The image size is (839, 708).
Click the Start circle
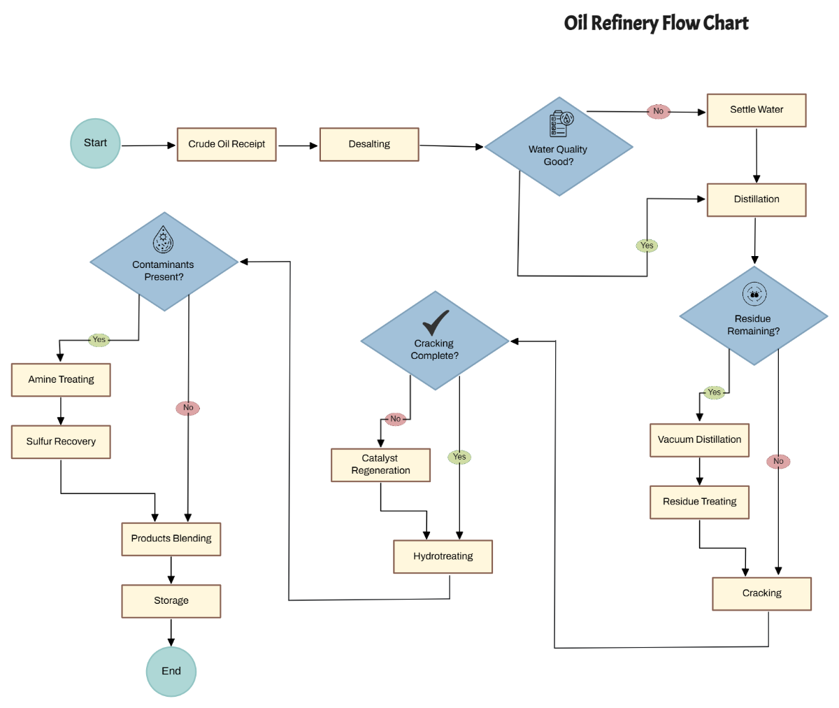(96, 143)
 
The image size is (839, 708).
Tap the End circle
(171, 671)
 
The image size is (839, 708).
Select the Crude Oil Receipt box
(227, 145)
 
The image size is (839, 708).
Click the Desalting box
(369, 145)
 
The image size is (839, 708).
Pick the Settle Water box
(756, 111)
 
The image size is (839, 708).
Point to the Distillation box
(756, 200)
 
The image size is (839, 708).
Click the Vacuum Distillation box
(699, 440)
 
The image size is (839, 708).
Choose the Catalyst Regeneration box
(380, 465)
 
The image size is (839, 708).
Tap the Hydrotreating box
(443, 557)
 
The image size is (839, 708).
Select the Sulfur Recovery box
(61, 442)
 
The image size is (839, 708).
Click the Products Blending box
(171, 539)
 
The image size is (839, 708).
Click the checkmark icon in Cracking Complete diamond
(436, 323)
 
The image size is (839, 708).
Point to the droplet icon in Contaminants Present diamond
(163, 239)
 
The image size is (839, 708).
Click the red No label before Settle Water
(658, 111)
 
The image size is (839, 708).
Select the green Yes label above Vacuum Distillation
(714, 392)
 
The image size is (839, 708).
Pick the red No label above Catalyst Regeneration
(396, 419)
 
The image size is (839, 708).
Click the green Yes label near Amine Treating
(99, 340)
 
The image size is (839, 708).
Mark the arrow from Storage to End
(171, 632)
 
